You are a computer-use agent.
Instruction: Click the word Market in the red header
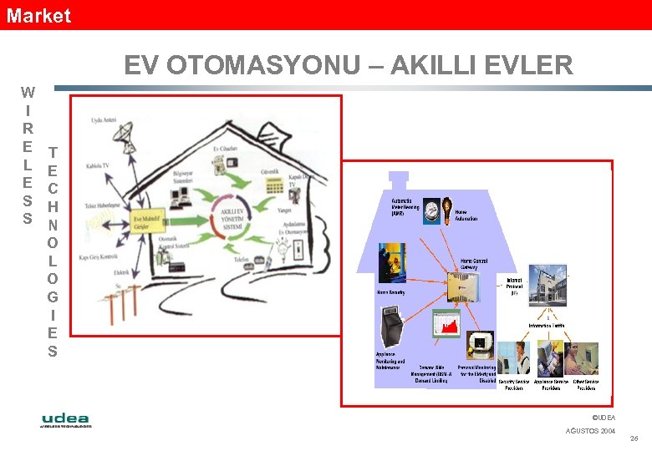click(38, 15)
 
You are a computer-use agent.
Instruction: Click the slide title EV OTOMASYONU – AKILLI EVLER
click(349, 65)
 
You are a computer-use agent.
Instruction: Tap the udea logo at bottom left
click(66, 419)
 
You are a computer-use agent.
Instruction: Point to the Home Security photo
click(392, 264)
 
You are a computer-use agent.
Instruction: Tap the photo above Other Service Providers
click(582, 359)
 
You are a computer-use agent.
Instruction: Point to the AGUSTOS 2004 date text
click(590, 430)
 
